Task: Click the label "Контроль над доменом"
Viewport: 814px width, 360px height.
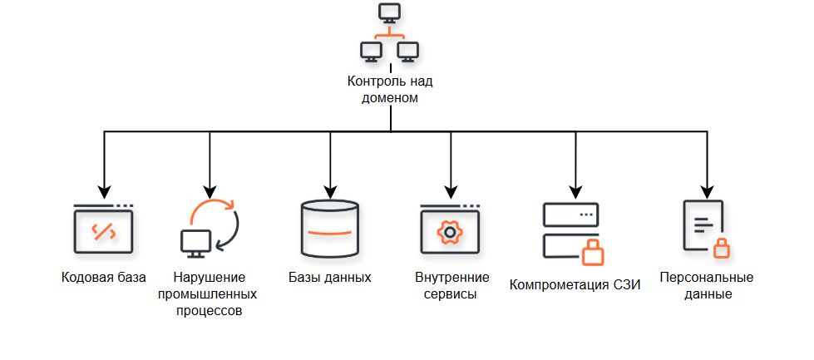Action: click(390, 89)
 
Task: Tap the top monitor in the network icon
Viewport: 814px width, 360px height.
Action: click(390, 12)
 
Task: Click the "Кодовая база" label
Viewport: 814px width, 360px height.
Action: click(104, 277)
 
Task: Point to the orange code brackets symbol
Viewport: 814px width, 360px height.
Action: click(104, 231)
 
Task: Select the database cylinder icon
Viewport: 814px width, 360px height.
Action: click(329, 229)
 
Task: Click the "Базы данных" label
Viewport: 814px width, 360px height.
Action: click(330, 277)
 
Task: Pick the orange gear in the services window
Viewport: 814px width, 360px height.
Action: click(450, 232)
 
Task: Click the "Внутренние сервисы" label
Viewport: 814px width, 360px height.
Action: click(452, 286)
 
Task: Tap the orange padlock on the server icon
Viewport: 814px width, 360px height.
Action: click(592, 253)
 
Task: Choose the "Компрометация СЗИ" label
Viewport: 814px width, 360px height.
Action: click(575, 285)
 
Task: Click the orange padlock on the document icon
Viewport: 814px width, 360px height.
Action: click(722, 248)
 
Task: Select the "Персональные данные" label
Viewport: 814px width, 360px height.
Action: click(707, 286)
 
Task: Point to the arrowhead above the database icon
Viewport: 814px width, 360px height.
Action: click(330, 191)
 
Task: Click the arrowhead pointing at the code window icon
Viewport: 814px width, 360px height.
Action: click(104, 191)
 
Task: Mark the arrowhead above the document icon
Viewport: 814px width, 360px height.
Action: click(707, 191)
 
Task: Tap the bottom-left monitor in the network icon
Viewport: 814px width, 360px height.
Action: click(371, 52)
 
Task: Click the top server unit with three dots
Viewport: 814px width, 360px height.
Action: click(570, 215)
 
